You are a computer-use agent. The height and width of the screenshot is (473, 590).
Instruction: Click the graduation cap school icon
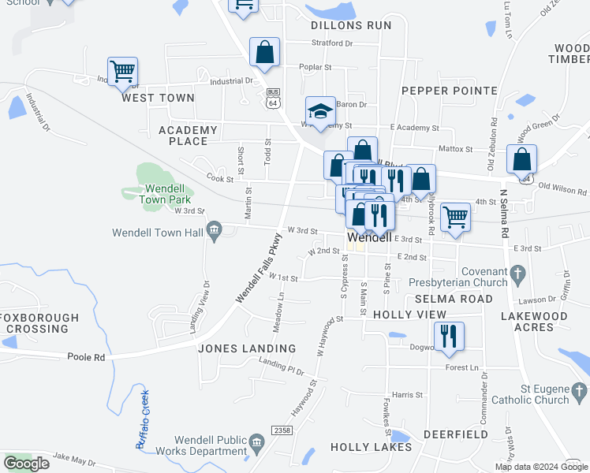321,112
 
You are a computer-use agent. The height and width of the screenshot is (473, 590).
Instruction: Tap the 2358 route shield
280,430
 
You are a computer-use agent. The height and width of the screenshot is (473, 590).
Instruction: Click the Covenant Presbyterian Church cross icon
517,274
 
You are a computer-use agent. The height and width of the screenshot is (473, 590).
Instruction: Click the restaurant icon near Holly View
449,336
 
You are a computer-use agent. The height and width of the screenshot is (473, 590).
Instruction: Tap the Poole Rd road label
87,357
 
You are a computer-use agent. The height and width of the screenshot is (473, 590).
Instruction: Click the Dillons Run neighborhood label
351,25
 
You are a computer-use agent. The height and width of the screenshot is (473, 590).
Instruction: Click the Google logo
26,464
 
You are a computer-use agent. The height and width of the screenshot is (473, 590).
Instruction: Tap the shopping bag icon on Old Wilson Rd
521,160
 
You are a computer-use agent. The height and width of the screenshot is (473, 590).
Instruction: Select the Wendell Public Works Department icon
256,442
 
